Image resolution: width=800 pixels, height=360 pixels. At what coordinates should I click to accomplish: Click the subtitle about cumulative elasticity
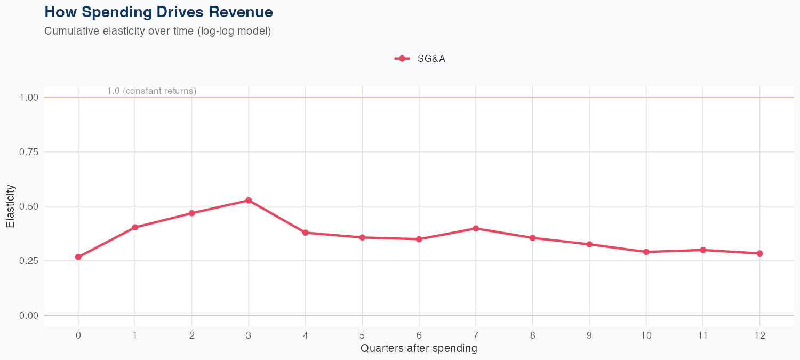click(158, 31)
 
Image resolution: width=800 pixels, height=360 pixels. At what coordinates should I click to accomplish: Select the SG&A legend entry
click(420, 59)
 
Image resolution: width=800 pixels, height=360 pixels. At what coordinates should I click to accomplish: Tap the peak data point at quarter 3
click(249, 201)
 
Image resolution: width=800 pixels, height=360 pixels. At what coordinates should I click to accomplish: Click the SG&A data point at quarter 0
click(78, 257)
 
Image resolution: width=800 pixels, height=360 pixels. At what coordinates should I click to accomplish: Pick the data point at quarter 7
click(476, 228)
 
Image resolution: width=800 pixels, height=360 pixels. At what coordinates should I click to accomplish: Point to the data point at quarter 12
click(759, 253)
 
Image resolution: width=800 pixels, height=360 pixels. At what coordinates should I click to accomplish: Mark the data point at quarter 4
click(306, 233)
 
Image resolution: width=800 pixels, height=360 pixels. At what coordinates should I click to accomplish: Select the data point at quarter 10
click(646, 252)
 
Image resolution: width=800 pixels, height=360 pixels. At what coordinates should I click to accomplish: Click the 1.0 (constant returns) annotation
click(151, 91)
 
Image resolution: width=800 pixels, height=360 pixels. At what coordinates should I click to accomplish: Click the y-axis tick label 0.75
click(29, 152)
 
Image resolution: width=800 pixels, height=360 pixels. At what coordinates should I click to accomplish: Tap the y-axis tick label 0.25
click(29, 261)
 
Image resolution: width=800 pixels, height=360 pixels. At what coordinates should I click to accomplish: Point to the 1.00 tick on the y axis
click(29, 98)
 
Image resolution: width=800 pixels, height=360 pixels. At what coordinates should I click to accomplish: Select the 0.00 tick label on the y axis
click(29, 315)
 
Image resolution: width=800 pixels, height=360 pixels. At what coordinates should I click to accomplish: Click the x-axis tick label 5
click(362, 335)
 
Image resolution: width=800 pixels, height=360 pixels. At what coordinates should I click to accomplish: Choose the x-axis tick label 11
click(703, 335)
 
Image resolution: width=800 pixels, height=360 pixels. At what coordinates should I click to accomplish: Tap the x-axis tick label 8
click(532, 335)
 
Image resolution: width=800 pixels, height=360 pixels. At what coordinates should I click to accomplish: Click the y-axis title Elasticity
click(10, 206)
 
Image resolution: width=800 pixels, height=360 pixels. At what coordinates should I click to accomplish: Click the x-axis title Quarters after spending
click(419, 349)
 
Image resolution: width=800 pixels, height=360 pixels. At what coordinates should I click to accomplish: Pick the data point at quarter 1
click(135, 227)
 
